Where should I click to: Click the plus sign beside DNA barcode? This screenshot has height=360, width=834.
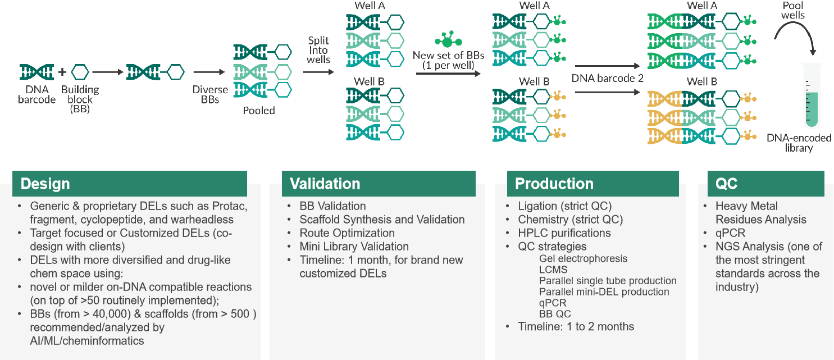tap(62, 72)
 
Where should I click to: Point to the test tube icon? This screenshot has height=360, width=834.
tap(811, 95)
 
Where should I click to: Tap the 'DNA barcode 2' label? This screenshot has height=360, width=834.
tap(608, 79)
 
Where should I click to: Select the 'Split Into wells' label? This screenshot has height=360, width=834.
tap(318, 50)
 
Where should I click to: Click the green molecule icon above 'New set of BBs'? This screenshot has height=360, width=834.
tap(448, 40)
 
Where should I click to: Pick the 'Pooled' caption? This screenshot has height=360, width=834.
tap(259, 111)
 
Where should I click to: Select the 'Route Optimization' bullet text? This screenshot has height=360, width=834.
tap(347, 233)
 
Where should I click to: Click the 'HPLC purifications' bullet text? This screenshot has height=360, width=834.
tap(564, 233)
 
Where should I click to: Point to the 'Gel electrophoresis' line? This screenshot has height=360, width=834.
tap(583, 259)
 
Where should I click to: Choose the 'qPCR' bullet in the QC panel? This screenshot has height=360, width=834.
tap(730, 233)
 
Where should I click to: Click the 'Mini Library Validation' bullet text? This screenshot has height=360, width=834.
tap(354, 246)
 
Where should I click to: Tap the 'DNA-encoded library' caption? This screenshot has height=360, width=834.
tap(799, 143)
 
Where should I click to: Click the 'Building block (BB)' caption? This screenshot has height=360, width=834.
tap(80, 99)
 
